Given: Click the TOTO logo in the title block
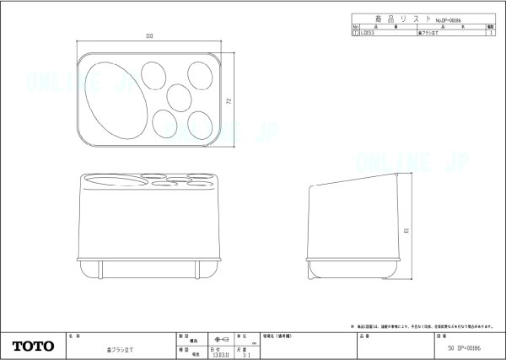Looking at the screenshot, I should (x=33, y=347).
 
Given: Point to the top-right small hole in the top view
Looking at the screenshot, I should (x=202, y=74).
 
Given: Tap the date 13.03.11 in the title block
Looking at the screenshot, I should (x=219, y=355).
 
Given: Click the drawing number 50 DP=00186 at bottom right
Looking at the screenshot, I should (x=472, y=347).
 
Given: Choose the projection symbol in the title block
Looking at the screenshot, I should (x=220, y=337).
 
